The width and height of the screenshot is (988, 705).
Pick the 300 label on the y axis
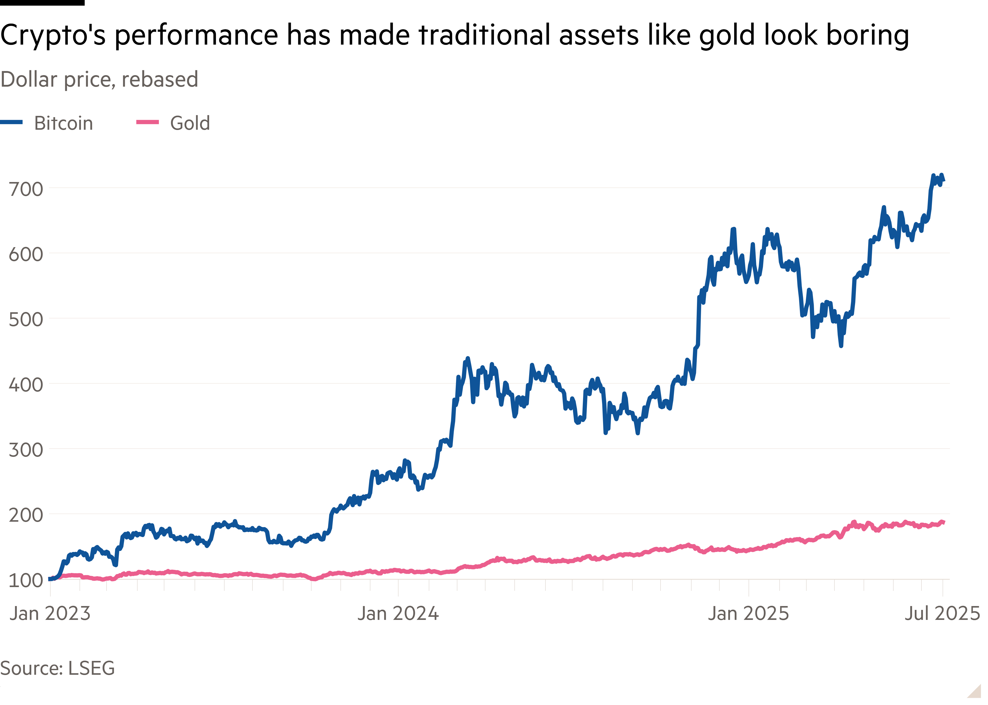[x=26, y=450]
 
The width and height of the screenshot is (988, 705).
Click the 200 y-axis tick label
[x=26, y=515]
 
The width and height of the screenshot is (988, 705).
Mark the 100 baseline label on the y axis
[x=26, y=580]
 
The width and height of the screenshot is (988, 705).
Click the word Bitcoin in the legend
[x=63, y=123]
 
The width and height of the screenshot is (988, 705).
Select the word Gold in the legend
[x=190, y=123]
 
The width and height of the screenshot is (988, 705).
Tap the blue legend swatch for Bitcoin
[x=11, y=123]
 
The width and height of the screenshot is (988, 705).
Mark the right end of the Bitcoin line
[x=944, y=180]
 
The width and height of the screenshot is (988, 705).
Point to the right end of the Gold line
[x=944, y=522]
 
